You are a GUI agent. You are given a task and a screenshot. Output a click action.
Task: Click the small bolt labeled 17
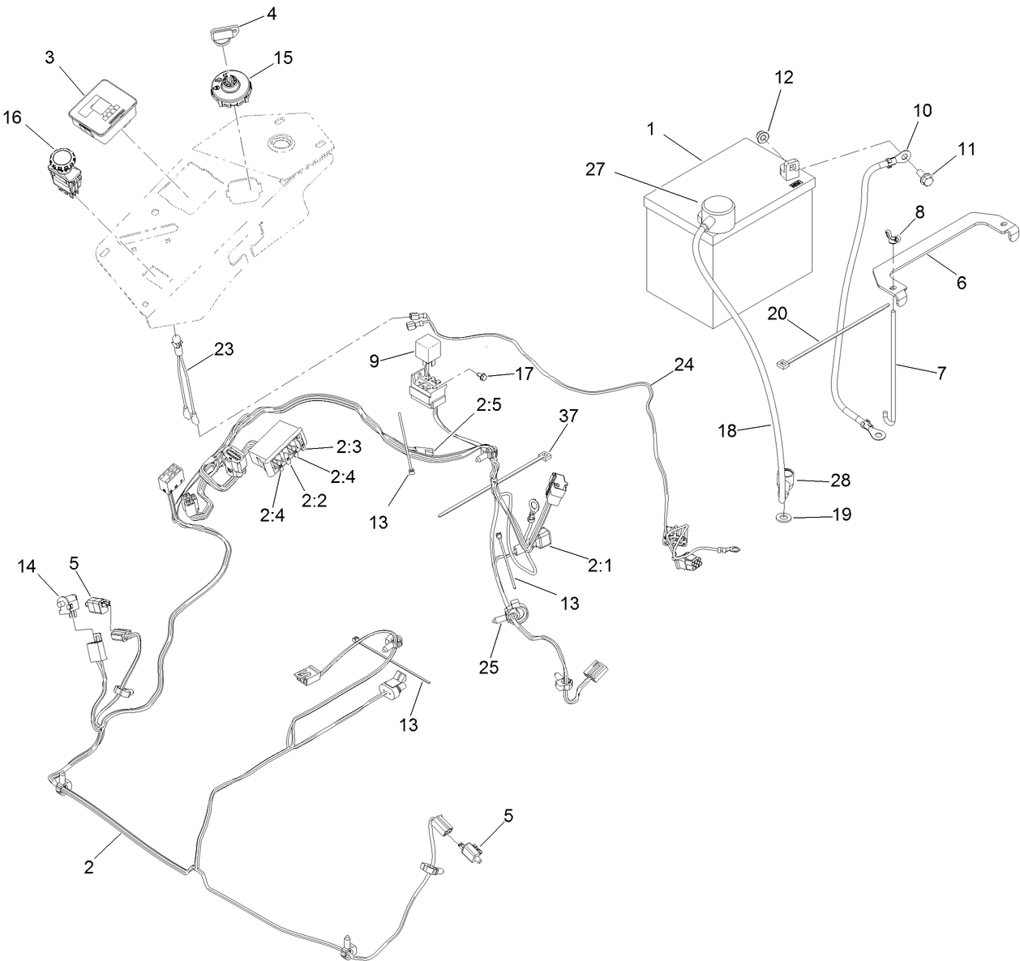click(482, 376)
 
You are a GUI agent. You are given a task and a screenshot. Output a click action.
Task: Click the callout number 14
click(28, 566)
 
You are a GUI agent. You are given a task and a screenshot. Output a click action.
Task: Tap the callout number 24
click(684, 365)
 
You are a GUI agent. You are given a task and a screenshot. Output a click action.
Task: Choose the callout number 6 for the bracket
click(961, 283)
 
